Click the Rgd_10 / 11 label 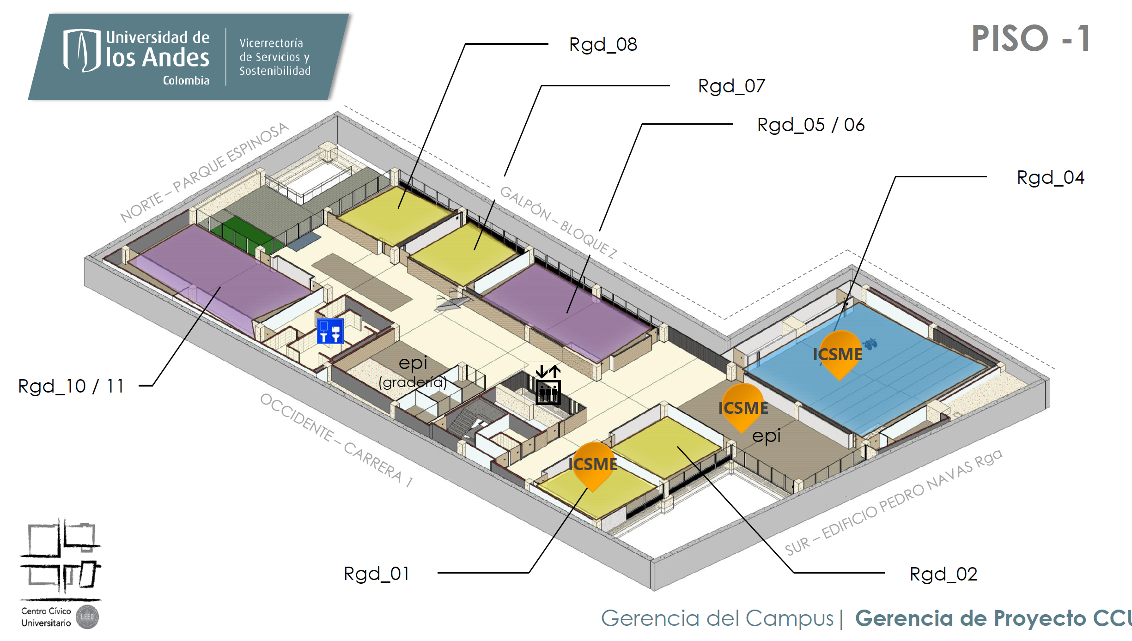(x=71, y=387)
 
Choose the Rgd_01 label (x=377, y=574)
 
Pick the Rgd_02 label (x=943, y=574)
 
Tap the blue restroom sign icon (x=330, y=331)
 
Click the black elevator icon (x=548, y=385)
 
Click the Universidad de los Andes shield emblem (x=82, y=50)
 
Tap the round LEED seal (x=87, y=617)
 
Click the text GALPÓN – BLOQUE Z (x=558, y=223)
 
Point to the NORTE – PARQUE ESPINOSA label (x=204, y=172)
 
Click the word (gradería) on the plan (x=413, y=382)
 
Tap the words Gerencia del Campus (x=717, y=619)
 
